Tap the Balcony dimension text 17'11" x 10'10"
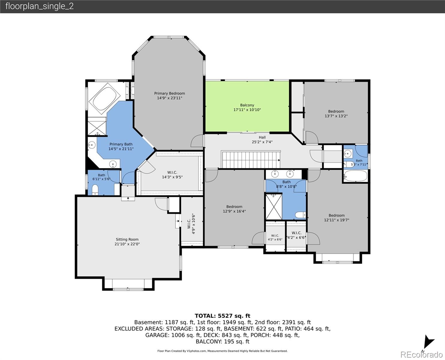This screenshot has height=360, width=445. click(x=247, y=110)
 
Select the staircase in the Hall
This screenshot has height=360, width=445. click(x=251, y=159)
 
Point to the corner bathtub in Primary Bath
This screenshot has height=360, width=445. click(x=104, y=99)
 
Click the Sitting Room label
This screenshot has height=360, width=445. click(x=127, y=239)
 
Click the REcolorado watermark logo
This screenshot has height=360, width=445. click(x=421, y=355)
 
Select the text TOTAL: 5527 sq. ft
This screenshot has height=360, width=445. click(x=222, y=316)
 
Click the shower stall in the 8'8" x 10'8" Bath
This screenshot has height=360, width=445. click(x=274, y=206)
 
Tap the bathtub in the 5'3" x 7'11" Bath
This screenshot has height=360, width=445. click(x=356, y=176)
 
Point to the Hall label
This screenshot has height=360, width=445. click(x=262, y=137)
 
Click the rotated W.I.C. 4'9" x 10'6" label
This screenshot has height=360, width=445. click(x=191, y=224)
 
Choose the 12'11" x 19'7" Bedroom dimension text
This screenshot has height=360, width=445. click(x=336, y=220)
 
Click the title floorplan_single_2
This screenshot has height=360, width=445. click(x=40, y=6)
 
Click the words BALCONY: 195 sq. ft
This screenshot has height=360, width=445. click(x=222, y=342)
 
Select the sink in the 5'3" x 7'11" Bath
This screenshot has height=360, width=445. click(x=348, y=154)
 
